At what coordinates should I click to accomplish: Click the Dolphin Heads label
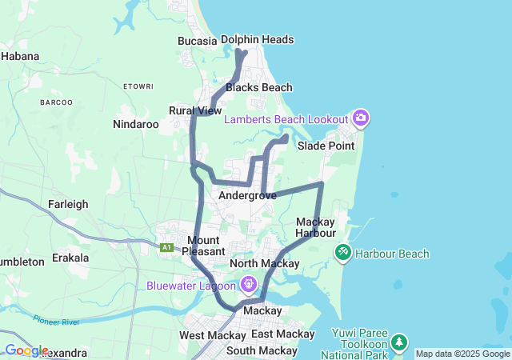[257, 39]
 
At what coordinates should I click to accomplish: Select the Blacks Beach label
[259, 87]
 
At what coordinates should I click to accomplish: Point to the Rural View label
[195, 110]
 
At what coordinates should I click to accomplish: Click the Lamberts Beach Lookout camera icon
[361, 118]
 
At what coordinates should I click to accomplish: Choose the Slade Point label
[326, 146]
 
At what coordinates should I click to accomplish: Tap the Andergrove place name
[247, 195]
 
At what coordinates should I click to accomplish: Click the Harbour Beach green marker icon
[342, 254]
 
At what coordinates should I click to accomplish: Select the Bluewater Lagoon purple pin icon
[249, 284]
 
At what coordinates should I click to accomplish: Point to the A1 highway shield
[167, 247]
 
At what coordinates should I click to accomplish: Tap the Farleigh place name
[68, 204]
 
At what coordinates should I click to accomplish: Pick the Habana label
[21, 56]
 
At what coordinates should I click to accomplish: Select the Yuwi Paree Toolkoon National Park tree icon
[398, 343]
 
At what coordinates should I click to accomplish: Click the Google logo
[26, 350]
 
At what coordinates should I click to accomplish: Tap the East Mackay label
[282, 334]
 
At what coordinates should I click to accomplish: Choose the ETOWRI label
[138, 86]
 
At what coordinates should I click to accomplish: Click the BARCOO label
[56, 102]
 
